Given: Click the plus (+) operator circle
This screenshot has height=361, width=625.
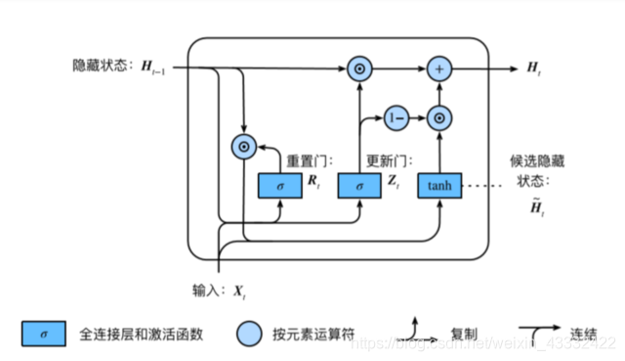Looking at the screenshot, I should click(x=438, y=69).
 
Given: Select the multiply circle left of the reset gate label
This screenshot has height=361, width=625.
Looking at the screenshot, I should click(x=240, y=148).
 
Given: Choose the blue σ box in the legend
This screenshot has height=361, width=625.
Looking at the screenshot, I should click(x=44, y=335).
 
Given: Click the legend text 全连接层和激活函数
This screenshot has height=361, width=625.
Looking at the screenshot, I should click(x=141, y=335).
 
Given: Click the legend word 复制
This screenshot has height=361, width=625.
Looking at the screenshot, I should click(x=449, y=335).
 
